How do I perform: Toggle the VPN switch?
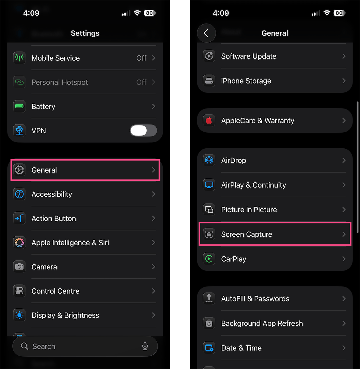[143, 131]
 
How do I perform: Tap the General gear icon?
[19, 170]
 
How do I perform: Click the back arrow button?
[206, 33]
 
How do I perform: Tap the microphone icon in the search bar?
[145, 346]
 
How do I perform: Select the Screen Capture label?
[247, 234]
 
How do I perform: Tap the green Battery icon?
[19, 106]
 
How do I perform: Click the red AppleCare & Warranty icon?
[209, 120]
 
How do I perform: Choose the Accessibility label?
[52, 194]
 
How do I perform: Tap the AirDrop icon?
[209, 160]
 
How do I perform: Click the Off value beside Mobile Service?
[141, 58]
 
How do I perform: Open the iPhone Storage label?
[246, 81]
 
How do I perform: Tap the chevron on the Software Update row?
[344, 56]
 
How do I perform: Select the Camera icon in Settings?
[19, 267]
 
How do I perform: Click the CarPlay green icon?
[209, 259]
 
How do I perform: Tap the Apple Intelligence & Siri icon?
[19, 242]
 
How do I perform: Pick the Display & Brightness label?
[65, 315]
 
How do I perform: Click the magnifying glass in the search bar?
[25, 346]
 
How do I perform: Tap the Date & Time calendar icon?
[209, 348]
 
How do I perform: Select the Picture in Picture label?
[249, 209]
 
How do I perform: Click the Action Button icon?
[19, 218]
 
